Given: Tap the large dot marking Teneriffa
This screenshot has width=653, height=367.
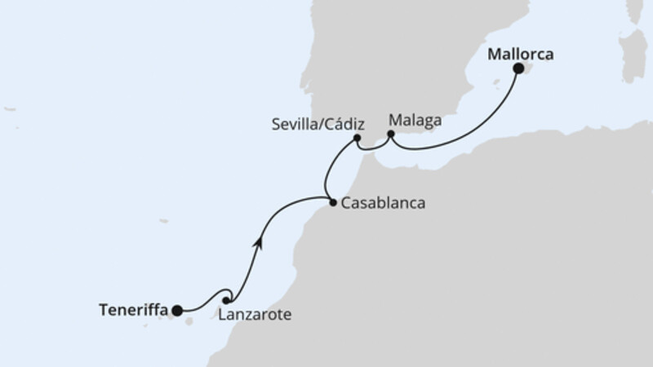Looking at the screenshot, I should pyautogui.click(x=177, y=310).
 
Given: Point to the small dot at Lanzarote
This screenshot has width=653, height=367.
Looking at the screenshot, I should pyautogui.click(x=226, y=300).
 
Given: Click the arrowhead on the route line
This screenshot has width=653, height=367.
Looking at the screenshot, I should pyautogui.click(x=259, y=240).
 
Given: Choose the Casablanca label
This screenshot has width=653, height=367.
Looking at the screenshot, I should pyautogui.click(x=383, y=204).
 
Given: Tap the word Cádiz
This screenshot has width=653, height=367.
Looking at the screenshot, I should pyautogui.click(x=343, y=124).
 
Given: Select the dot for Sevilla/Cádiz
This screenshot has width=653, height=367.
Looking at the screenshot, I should pyautogui.click(x=358, y=139).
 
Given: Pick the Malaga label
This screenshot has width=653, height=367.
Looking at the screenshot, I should pyautogui.click(x=415, y=120).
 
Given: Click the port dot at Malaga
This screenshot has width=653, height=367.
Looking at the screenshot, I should pyautogui.click(x=391, y=133).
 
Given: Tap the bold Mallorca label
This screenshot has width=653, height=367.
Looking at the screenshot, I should pyautogui.click(x=521, y=55).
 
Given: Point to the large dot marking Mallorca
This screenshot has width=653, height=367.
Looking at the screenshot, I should pyautogui.click(x=518, y=69).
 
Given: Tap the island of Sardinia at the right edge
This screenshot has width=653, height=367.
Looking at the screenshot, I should pyautogui.click(x=633, y=53).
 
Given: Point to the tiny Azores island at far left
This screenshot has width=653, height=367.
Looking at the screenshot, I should pyautogui.click(x=10, y=108).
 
